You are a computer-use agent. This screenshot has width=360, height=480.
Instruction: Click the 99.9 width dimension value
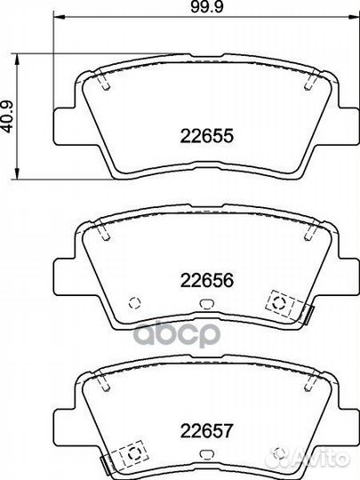207,7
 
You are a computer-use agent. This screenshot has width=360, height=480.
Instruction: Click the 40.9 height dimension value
8,117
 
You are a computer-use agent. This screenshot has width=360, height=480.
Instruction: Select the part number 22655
207,136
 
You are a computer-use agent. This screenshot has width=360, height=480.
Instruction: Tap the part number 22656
207,280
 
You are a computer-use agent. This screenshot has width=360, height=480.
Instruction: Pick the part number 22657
207,430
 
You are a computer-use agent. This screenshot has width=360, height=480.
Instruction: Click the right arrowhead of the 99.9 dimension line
354,18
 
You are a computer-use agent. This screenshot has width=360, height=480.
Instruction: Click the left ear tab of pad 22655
64,126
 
